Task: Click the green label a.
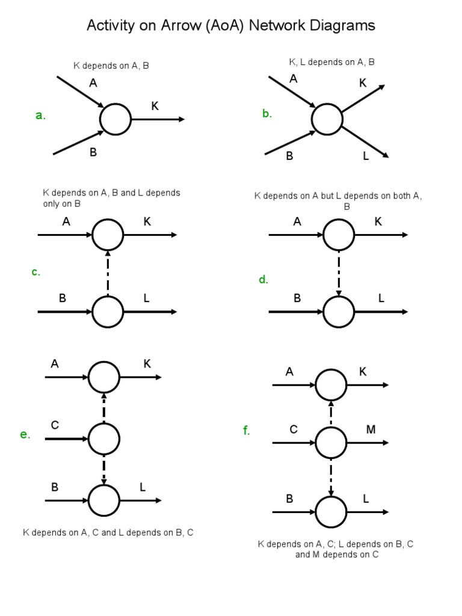(40, 116)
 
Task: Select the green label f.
(247, 431)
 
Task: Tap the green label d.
(263, 280)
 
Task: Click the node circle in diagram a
(115, 119)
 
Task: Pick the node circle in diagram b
(327, 119)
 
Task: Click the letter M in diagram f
(371, 429)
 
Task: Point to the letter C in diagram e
(55, 426)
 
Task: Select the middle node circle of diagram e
(104, 439)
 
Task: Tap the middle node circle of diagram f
(331, 443)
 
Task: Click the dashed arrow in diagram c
(108, 273)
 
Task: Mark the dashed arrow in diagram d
(339, 273)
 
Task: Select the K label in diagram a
(155, 106)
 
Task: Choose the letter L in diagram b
(366, 156)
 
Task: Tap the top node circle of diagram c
(108, 235)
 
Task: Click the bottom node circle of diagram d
(339, 312)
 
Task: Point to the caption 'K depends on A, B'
(111, 66)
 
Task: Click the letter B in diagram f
(289, 499)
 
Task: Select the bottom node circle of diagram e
(104, 500)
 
